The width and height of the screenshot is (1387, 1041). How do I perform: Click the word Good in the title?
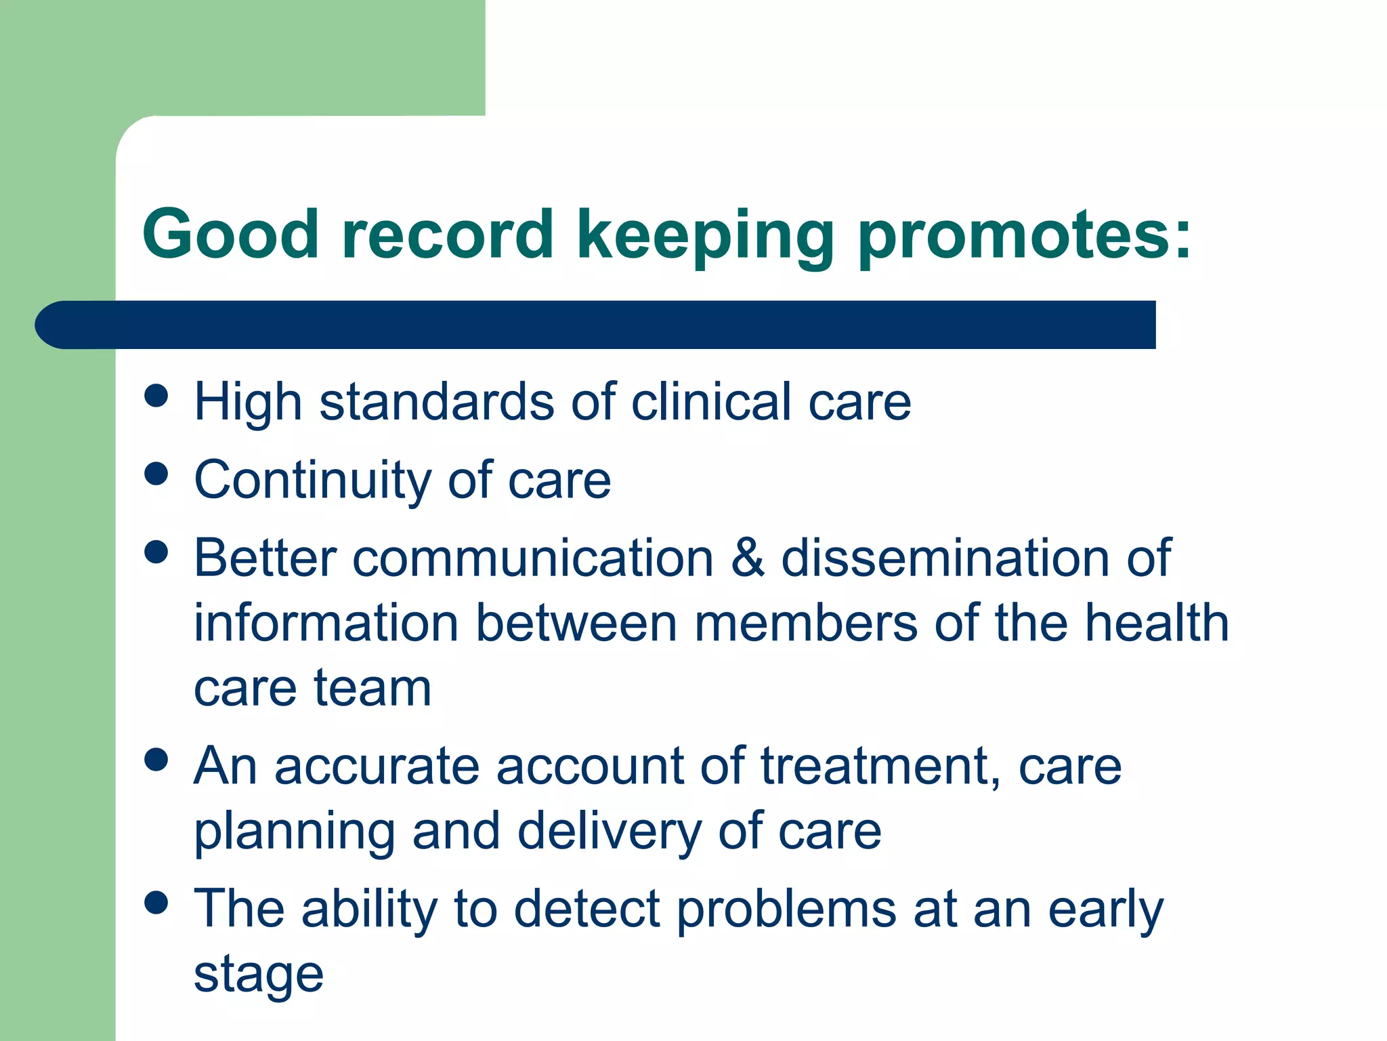click(x=230, y=234)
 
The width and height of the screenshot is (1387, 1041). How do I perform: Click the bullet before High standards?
click(x=156, y=396)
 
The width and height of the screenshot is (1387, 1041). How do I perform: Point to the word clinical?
click(x=711, y=401)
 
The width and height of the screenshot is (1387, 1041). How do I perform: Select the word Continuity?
click(x=312, y=480)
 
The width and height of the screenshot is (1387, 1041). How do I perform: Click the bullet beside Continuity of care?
click(x=156, y=474)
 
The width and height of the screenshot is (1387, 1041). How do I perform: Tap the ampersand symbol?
click(x=748, y=558)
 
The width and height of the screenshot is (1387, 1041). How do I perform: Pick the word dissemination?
click(x=945, y=558)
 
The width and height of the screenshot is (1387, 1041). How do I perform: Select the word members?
click(x=806, y=623)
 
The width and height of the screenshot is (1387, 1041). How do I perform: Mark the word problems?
click(x=786, y=909)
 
